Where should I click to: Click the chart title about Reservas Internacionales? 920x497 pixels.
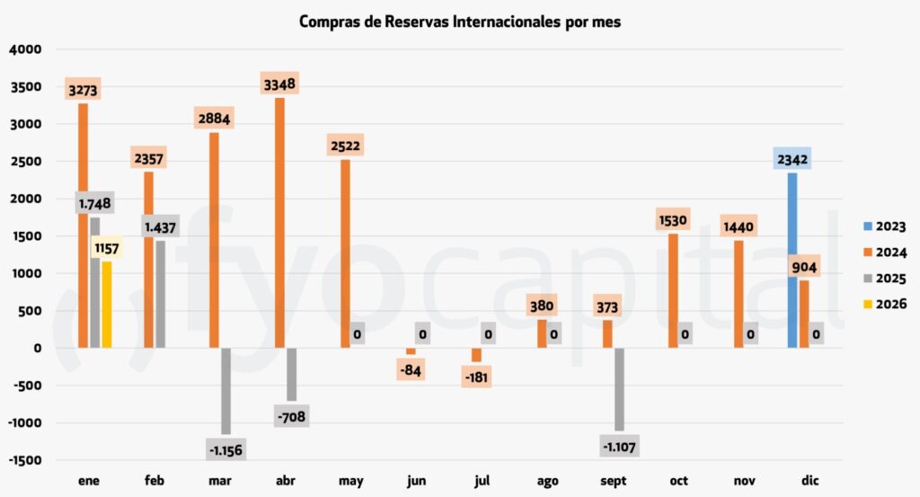point(459,22)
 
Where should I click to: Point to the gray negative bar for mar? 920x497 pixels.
point(226,390)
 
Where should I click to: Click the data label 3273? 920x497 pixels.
point(83,90)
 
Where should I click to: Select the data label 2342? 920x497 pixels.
point(792,159)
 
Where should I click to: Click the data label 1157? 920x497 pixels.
point(106,247)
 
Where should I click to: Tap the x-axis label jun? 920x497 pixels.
point(416,481)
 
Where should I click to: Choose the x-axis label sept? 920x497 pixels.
point(613,481)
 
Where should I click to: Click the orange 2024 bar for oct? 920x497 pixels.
point(674,290)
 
